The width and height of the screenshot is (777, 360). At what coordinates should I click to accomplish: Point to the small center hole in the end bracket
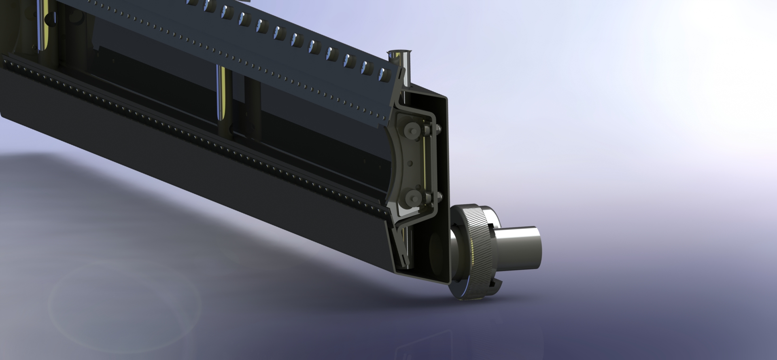pos(410,164)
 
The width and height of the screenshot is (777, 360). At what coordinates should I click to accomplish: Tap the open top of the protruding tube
pos(398,53)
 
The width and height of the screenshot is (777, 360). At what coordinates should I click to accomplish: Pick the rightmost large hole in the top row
pos(383,73)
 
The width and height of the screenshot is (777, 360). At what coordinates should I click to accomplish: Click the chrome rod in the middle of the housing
pos(222,93)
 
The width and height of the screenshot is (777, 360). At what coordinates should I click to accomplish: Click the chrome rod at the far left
pos(42,24)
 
